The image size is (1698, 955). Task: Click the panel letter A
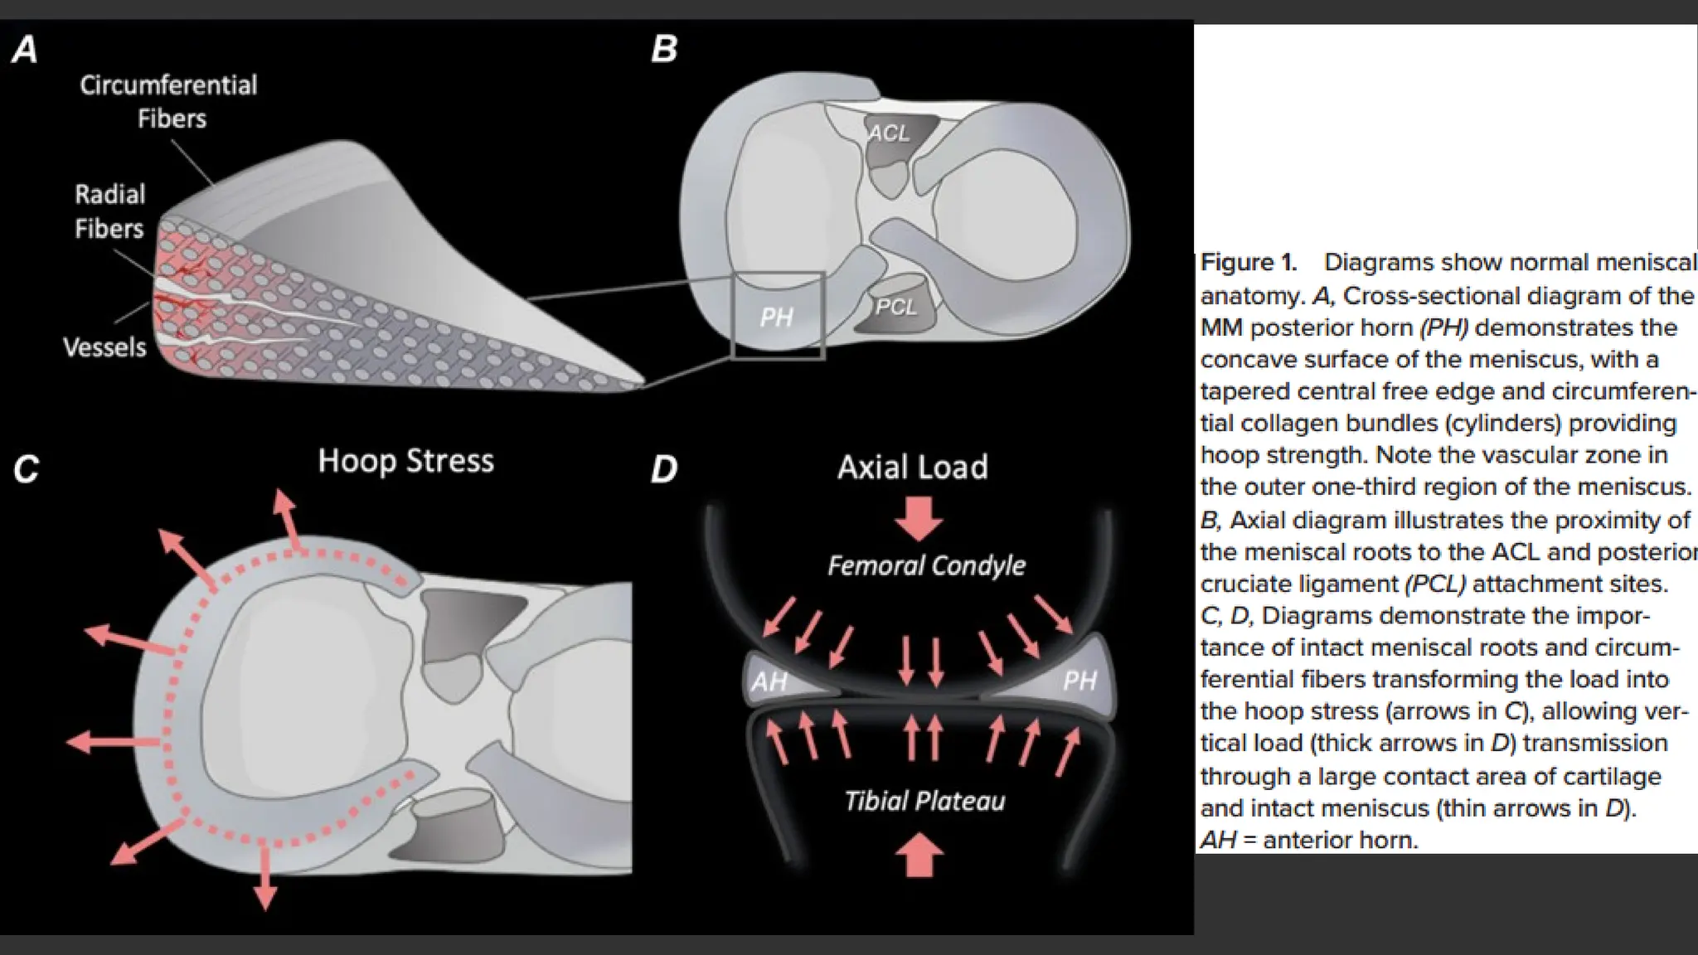pyautogui.click(x=25, y=51)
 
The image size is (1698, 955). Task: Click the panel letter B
pyautogui.click(x=664, y=50)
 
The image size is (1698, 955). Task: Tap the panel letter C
pyautogui.click(x=26, y=470)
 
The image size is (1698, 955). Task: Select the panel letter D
pyautogui.click(x=664, y=470)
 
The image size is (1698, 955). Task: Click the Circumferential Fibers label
pyautogui.click(x=169, y=101)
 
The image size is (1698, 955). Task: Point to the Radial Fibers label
pyautogui.click(x=109, y=211)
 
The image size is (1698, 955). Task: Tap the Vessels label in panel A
pyautogui.click(x=104, y=347)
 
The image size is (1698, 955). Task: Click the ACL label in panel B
pyautogui.click(x=888, y=133)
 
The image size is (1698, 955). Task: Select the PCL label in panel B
pyautogui.click(x=896, y=308)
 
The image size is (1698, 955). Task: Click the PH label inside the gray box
pyautogui.click(x=777, y=318)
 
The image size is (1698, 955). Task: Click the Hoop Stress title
pyautogui.click(x=405, y=461)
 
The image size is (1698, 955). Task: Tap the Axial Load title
pyautogui.click(x=912, y=468)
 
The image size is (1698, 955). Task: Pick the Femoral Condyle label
pyautogui.click(x=926, y=566)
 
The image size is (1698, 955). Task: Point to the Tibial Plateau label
pyautogui.click(x=924, y=801)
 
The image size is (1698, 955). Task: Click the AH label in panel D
pyautogui.click(x=769, y=681)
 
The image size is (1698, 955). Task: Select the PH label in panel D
pyautogui.click(x=1079, y=681)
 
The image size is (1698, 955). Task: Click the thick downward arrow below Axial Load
pyautogui.click(x=919, y=519)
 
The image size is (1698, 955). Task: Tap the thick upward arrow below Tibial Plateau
pyautogui.click(x=920, y=856)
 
